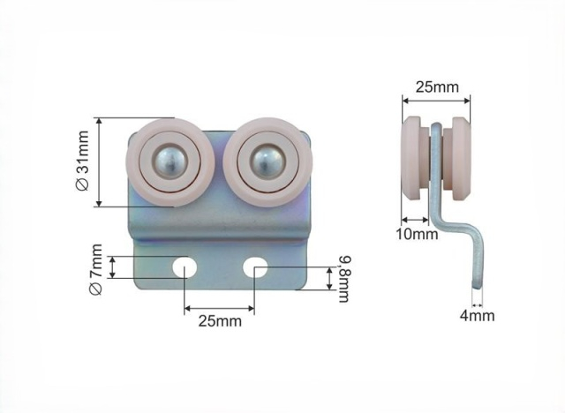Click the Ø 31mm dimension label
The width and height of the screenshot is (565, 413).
[x=83, y=161]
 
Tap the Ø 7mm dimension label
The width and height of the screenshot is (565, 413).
[x=96, y=270]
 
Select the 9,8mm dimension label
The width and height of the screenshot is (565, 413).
[x=344, y=279]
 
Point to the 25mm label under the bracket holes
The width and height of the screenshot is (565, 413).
[x=220, y=321]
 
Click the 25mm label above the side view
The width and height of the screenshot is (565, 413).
[x=437, y=86]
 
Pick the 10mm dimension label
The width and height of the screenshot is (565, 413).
[x=418, y=235]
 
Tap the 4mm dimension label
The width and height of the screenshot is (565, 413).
[x=477, y=316]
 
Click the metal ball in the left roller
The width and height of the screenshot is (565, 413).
[x=170, y=159]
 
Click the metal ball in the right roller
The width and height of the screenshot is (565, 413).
[x=267, y=158]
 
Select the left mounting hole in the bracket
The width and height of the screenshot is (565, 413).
[x=185, y=267]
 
